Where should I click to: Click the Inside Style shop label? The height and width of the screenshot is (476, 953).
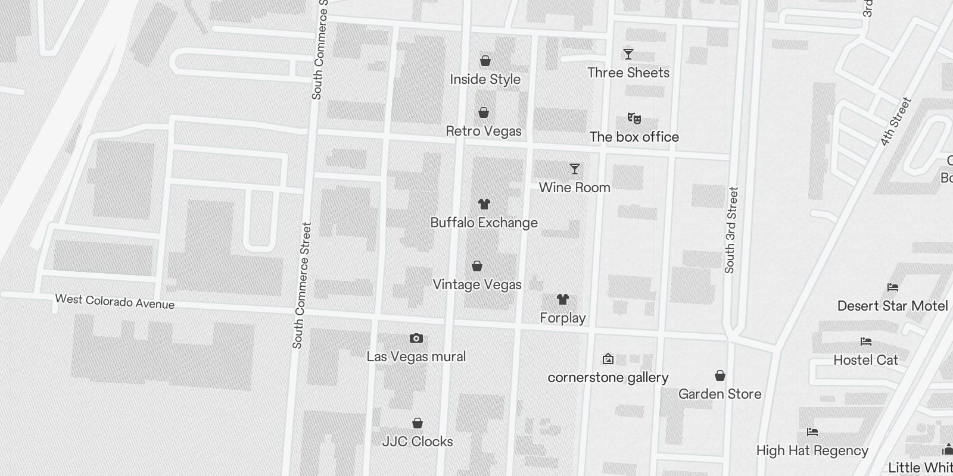click(x=485, y=79)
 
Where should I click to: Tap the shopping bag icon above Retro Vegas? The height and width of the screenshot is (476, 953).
click(x=484, y=112)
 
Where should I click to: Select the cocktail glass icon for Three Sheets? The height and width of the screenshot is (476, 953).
click(x=628, y=54)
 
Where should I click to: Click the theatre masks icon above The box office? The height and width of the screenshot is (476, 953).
click(x=634, y=118)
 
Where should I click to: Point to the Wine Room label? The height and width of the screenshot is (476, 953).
click(x=574, y=187)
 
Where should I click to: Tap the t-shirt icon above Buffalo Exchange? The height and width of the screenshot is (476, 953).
click(x=484, y=204)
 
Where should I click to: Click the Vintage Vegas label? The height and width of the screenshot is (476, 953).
click(x=476, y=284)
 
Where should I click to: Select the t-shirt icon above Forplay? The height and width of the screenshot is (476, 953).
click(x=562, y=299)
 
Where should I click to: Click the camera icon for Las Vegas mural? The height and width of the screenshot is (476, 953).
click(x=416, y=338)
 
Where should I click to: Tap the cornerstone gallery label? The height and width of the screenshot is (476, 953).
click(x=608, y=377)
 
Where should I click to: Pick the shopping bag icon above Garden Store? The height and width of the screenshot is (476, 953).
click(x=720, y=375)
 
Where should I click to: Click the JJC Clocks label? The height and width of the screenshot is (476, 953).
click(x=417, y=441)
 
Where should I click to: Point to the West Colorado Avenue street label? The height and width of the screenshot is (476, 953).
click(x=115, y=302)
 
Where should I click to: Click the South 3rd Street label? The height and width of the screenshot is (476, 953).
click(x=731, y=230)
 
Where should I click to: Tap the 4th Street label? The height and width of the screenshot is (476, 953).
click(x=896, y=121)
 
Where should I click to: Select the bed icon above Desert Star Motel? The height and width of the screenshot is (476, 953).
click(x=892, y=287)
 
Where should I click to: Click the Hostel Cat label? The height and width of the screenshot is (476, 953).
click(x=865, y=360)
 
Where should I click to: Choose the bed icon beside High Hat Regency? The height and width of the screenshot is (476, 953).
click(x=812, y=432)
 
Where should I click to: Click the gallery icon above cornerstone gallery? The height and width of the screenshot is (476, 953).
click(x=608, y=359)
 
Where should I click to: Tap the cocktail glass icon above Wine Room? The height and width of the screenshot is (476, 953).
click(x=574, y=169)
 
